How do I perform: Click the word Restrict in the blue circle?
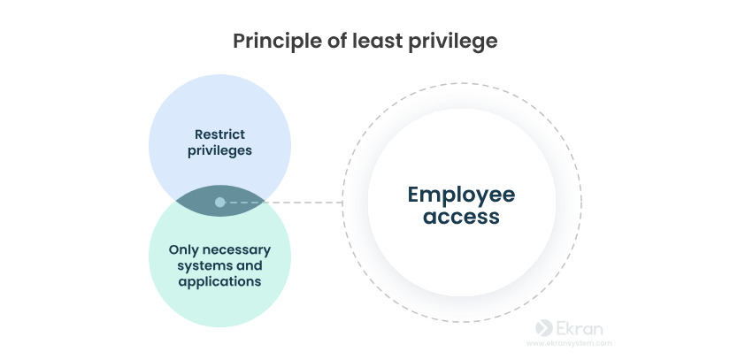tap(219, 134)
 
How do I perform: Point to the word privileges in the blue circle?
tap(219, 150)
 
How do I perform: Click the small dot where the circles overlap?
tap(219, 203)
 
